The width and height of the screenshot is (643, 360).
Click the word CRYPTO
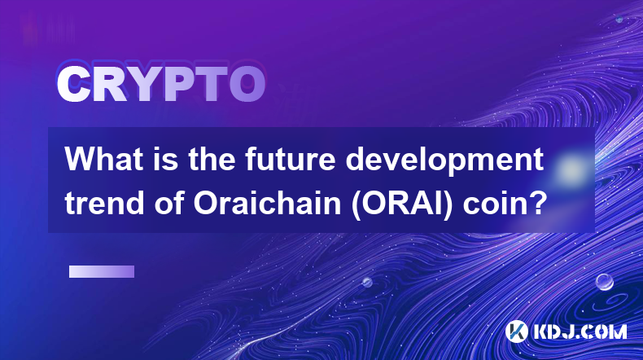tap(161, 84)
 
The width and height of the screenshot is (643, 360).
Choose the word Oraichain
tap(267, 203)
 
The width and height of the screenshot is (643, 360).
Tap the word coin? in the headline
tap(505, 203)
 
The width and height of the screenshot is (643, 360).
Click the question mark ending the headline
tap(539, 203)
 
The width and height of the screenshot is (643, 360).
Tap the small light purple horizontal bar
tap(102, 272)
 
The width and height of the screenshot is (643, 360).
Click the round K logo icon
tap(516, 331)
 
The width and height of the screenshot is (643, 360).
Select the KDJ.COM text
tap(580, 331)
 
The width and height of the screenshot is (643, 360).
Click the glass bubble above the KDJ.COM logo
tap(605, 282)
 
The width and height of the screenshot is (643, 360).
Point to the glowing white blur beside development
tap(571, 169)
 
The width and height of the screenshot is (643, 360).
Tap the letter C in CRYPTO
tap(74, 85)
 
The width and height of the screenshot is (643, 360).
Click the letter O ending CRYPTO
tap(247, 85)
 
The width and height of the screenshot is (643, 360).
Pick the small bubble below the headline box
tap(367, 282)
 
